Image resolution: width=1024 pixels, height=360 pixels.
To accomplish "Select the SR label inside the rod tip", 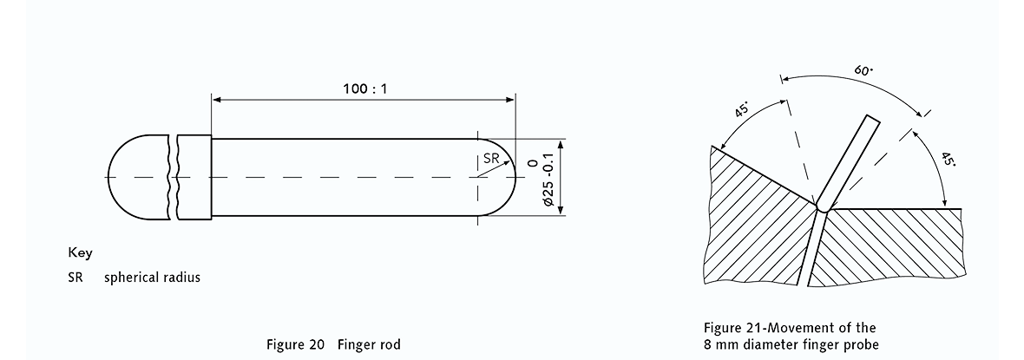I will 490,158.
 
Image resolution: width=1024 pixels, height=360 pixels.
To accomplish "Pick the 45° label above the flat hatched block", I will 949,159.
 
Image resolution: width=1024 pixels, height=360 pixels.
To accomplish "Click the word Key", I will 80,253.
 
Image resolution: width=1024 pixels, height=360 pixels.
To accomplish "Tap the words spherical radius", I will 152,278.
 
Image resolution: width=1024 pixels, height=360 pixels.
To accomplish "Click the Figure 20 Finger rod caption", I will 333,344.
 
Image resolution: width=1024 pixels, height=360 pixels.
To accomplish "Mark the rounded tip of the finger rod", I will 502,177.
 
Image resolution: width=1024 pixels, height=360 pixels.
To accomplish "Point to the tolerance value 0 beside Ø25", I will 531,163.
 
